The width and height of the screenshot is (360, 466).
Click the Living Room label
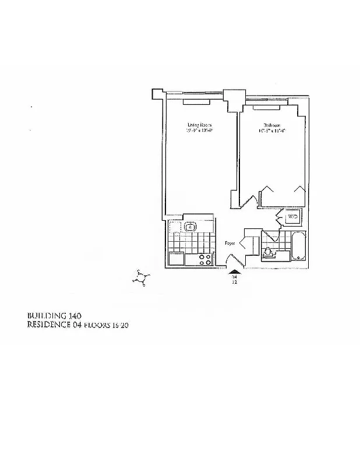(x=199, y=125)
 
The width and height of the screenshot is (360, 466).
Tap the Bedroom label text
(x=272, y=125)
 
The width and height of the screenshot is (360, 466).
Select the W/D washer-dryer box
(x=292, y=217)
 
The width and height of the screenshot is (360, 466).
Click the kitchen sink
(x=190, y=227)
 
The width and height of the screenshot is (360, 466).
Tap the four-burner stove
(x=204, y=260)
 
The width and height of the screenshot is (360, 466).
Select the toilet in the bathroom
(x=269, y=252)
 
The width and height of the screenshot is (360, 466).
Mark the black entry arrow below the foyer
(x=234, y=271)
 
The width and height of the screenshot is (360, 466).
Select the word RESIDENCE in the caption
(x=48, y=325)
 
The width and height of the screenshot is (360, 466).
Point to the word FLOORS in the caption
(x=96, y=326)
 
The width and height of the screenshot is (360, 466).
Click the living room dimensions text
(x=199, y=132)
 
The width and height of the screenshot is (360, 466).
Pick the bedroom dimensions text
(x=272, y=132)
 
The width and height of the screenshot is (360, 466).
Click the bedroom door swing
(x=249, y=200)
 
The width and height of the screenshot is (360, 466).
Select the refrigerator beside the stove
(x=176, y=260)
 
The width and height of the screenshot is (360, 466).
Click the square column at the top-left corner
(x=157, y=94)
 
